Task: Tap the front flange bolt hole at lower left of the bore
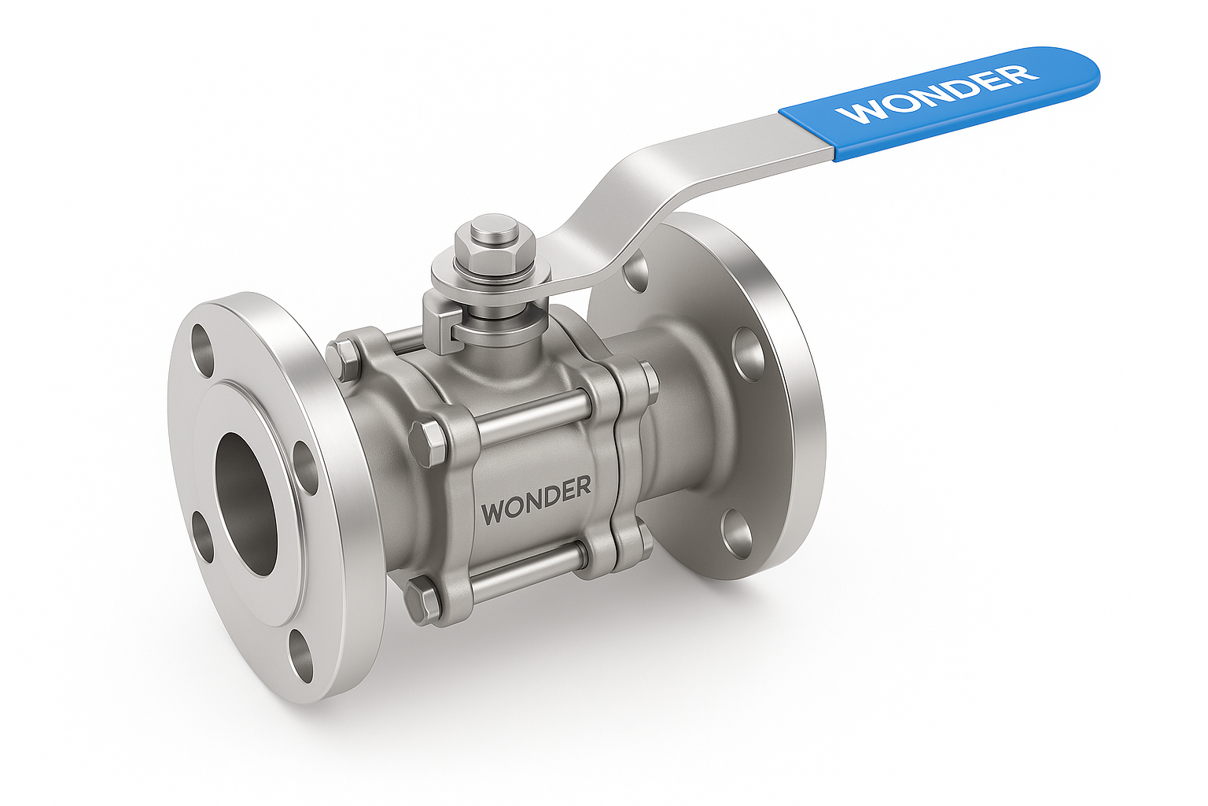point(204,535)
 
